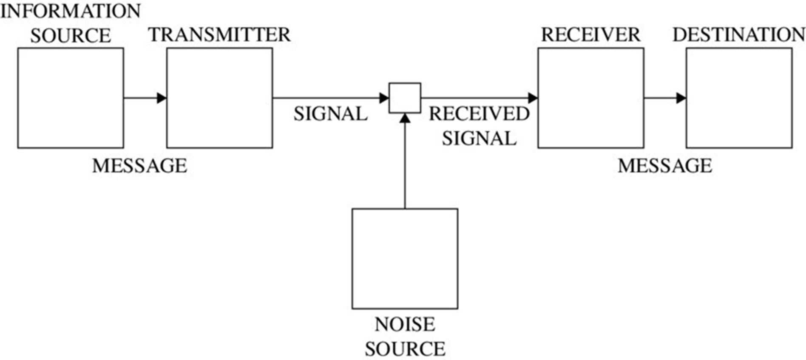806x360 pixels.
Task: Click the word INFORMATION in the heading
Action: coord(71,11)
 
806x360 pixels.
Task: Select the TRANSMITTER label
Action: coord(219,35)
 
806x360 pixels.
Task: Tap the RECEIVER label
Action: coord(590,35)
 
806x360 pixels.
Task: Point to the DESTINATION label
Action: coord(738,35)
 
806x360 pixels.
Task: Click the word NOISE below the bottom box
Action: coord(405,325)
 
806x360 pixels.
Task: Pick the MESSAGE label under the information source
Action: coord(139,166)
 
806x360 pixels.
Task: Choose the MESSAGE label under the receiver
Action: coord(665,166)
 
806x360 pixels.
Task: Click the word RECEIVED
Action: coord(479,114)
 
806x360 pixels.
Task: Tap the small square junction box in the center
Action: coord(405,98)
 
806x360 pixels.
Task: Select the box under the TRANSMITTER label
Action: coord(219,98)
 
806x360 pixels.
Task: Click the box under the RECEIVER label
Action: coord(590,98)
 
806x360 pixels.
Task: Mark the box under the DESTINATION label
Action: coord(739,98)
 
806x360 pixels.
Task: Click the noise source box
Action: coord(405,258)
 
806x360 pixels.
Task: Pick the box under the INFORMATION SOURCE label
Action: coord(71,98)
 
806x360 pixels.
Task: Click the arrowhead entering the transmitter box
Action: coord(162,98)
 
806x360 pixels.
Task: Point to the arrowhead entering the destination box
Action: coord(681,98)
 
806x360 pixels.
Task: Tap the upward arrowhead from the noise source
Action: coord(405,118)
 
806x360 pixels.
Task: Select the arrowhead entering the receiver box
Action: coord(533,98)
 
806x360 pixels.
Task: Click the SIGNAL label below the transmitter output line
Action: coord(330,114)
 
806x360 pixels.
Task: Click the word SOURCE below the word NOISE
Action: coord(405,349)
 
